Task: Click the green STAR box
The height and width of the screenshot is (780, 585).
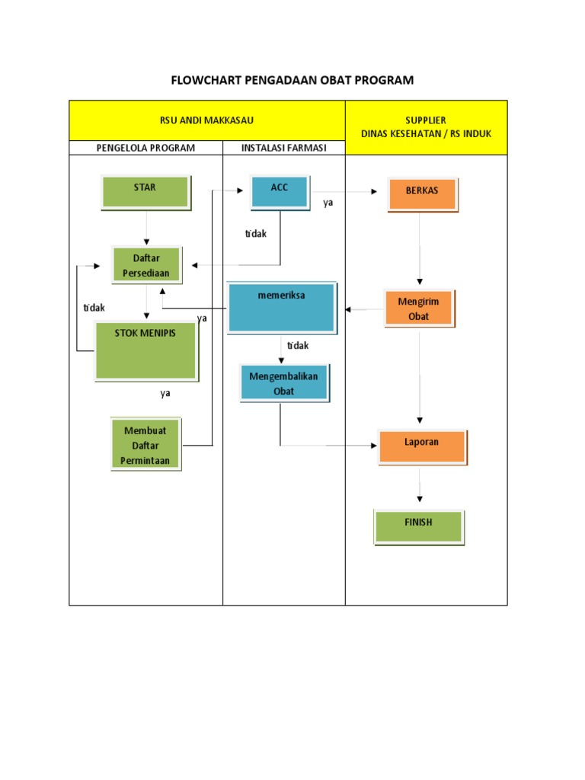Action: click(145, 191)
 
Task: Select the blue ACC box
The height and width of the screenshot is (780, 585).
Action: click(280, 191)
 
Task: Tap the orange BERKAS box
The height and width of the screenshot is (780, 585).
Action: click(421, 194)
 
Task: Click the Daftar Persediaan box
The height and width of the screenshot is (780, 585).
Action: click(145, 265)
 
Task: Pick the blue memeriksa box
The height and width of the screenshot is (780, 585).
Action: click(281, 306)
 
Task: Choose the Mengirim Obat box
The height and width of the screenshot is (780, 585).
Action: click(419, 308)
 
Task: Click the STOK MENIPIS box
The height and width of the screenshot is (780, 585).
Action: click(145, 350)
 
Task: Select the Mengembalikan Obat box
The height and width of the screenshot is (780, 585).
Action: click(283, 383)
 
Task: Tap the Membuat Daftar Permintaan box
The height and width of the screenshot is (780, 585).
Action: click(145, 445)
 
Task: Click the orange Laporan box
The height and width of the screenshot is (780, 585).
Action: click(421, 446)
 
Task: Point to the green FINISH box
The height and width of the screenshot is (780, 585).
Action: click(418, 526)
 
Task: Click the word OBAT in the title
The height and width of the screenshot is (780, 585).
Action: click(344, 80)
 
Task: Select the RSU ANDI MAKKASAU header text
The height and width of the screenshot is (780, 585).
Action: click(206, 120)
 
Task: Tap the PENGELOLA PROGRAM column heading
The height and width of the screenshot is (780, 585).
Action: click(145, 148)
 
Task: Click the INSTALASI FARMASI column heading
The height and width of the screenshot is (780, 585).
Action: click(283, 148)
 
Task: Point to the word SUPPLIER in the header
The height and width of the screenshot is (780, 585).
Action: click(426, 120)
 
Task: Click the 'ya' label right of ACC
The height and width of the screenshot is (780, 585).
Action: click(328, 203)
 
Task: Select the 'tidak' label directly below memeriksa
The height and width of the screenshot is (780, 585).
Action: click(298, 346)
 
